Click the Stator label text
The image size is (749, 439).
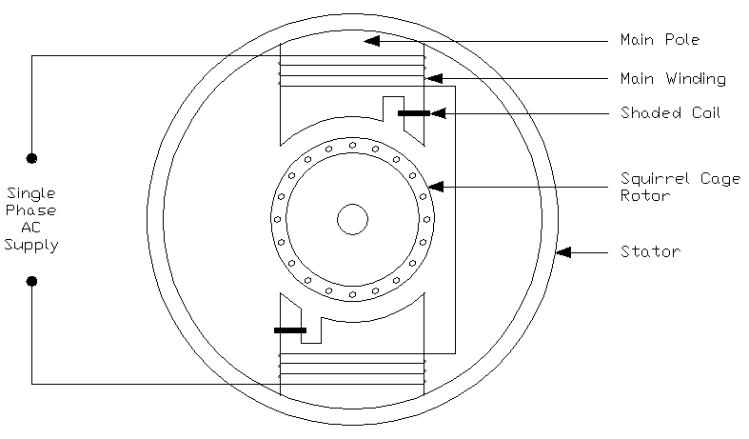click(650, 252)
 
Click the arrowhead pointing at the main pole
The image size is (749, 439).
click(372, 41)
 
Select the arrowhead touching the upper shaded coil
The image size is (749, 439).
click(438, 113)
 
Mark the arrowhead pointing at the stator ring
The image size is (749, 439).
click(562, 252)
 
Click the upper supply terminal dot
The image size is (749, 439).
click(31, 157)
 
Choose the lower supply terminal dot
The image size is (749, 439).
click(31, 281)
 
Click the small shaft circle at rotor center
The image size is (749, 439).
click(352, 219)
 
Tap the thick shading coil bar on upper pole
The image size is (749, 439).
click(413, 113)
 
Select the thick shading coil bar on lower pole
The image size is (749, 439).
click(290, 329)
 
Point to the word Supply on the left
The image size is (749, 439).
click(31, 245)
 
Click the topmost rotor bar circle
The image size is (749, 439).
click(353, 145)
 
